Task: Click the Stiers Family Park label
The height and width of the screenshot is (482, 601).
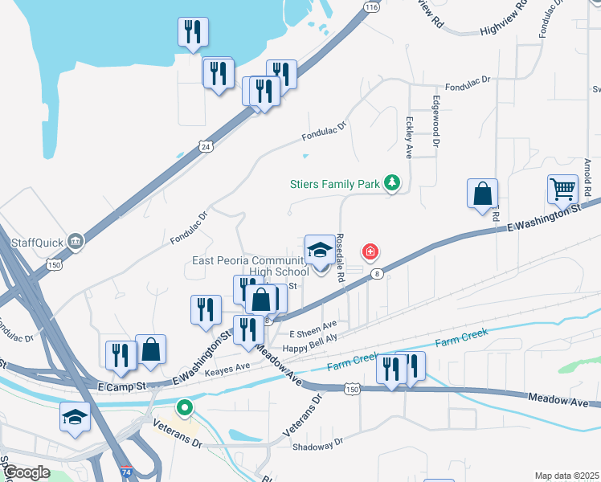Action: click(x=334, y=184)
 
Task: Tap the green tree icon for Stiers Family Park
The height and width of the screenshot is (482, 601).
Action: click(x=392, y=184)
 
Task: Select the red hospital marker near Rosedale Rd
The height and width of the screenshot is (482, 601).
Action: click(x=370, y=253)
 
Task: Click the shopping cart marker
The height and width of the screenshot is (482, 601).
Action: click(x=563, y=190)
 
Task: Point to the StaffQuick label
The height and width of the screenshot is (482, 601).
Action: click(x=38, y=241)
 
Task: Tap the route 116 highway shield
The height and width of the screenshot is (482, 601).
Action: click(x=370, y=6)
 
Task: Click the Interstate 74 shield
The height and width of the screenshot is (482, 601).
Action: click(x=126, y=474)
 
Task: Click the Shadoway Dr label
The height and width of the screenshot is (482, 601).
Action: click(x=317, y=442)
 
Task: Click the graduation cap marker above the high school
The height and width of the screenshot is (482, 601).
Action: click(x=320, y=250)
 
